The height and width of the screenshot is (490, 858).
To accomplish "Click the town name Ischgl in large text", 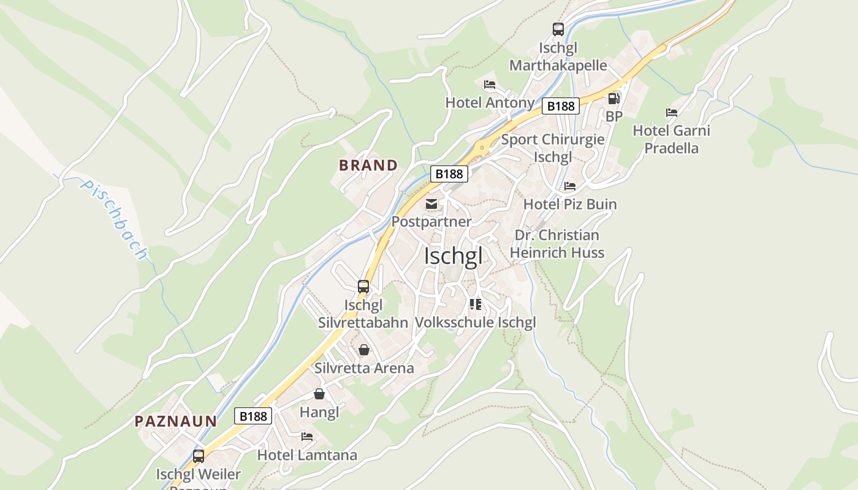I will pyautogui.click(x=453, y=256).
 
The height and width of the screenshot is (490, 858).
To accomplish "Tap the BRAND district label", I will pyautogui.click(x=368, y=165).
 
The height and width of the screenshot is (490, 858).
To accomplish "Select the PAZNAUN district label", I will pyautogui.click(x=176, y=421).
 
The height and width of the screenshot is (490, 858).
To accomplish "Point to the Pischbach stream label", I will pyautogui.click(x=115, y=219).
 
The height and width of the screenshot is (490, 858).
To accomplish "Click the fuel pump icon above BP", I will pyautogui.click(x=613, y=99).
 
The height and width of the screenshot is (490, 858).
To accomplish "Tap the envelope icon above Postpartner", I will pyautogui.click(x=431, y=204).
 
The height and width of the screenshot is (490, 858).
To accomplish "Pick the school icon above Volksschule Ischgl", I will pyautogui.click(x=475, y=304).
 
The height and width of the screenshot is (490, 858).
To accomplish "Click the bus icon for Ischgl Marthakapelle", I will pyautogui.click(x=558, y=29).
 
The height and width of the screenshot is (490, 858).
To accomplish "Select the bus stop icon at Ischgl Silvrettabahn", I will pyautogui.click(x=363, y=286).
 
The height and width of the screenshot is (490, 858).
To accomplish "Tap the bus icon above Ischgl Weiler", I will pyautogui.click(x=199, y=456).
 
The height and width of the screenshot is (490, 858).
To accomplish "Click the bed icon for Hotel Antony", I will pyautogui.click(x=489, y=85).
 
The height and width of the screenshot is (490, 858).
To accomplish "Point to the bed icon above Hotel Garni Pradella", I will pyautogui.click(x=672, y=113).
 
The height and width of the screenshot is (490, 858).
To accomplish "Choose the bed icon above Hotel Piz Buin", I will pyautogui.click(x=570, y=186).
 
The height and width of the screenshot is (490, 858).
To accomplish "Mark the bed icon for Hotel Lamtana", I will pyautogui.click(x=307, y=437).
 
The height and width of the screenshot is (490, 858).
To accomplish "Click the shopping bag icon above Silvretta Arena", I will pyautogui.click(x=364, y=350).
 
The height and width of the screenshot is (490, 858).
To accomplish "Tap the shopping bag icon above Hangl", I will pyautogui.click(x=319, y=394).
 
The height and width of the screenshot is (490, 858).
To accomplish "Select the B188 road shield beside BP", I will pyautogui.click(x=561, y=106).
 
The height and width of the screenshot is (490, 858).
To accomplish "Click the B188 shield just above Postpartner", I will pyautogui.click(x=449, y=174).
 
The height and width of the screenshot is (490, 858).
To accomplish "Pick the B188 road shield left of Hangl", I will pyautogui.click(x=253, y=417).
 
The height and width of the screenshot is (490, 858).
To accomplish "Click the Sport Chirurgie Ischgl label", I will pyautogui.click(x=553, y=148).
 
